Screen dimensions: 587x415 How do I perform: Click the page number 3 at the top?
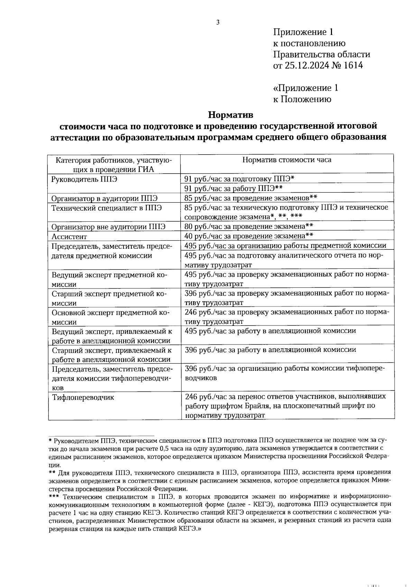[x=218, y=23]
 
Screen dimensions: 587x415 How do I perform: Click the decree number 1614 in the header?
[x=353, y=65]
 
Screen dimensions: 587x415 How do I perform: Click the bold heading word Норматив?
[x=231, y=114]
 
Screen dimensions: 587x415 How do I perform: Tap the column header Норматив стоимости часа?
[x=287, y=160]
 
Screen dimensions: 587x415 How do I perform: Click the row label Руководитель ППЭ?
[x=84, y=179]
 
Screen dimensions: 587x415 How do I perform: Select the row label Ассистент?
[x=69, y=237]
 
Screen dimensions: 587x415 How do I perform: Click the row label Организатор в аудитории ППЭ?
[x=104, y=199]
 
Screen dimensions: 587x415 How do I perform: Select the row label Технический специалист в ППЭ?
[x=107, y=208]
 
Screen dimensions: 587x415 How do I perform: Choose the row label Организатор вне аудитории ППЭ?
[x=108, y=227]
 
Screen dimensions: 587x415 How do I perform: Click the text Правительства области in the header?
[x=322, y=54]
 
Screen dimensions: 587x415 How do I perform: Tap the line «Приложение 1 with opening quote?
[x=306, y=88]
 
